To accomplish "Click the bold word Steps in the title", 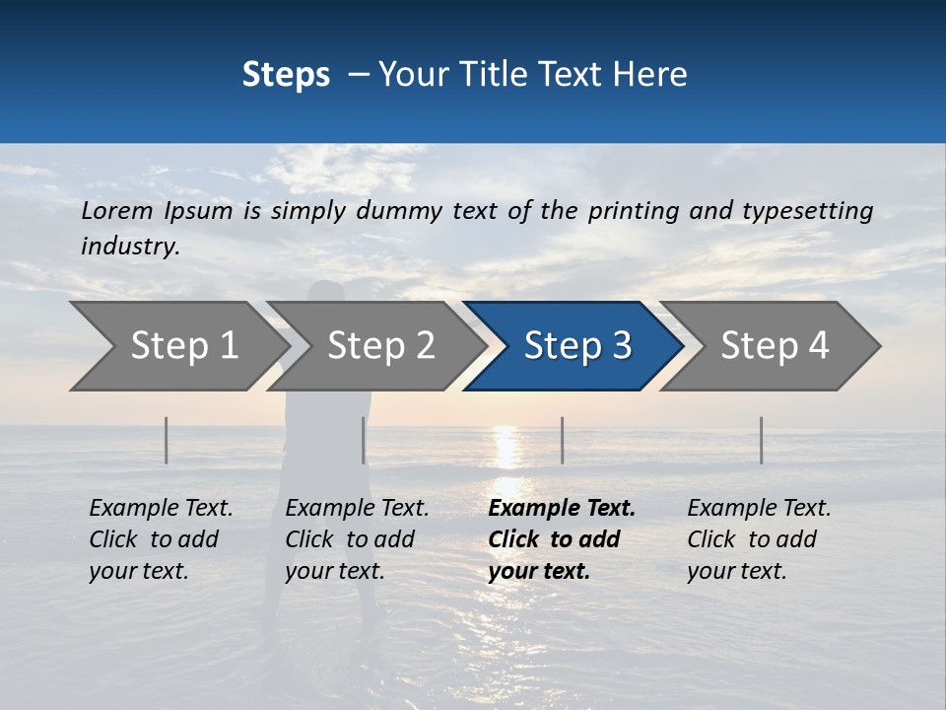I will coord(286,75).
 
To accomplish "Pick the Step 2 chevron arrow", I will coord(380,346).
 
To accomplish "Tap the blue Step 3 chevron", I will coord(576,346).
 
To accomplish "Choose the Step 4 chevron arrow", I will coord(774,346).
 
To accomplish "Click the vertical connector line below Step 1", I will coord(167,440).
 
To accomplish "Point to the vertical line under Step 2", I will coord(364,440).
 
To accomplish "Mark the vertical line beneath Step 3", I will coord(562,440).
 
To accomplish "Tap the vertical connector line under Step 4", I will coord(761,440).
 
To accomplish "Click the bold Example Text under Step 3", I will coord(562,539).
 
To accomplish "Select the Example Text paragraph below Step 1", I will coord(161,539).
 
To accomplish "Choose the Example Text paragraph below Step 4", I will coord(759,539).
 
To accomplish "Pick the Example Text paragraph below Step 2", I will coord(357,539).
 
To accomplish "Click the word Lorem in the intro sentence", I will coord(117,211).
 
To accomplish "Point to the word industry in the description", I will coord(130,247).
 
